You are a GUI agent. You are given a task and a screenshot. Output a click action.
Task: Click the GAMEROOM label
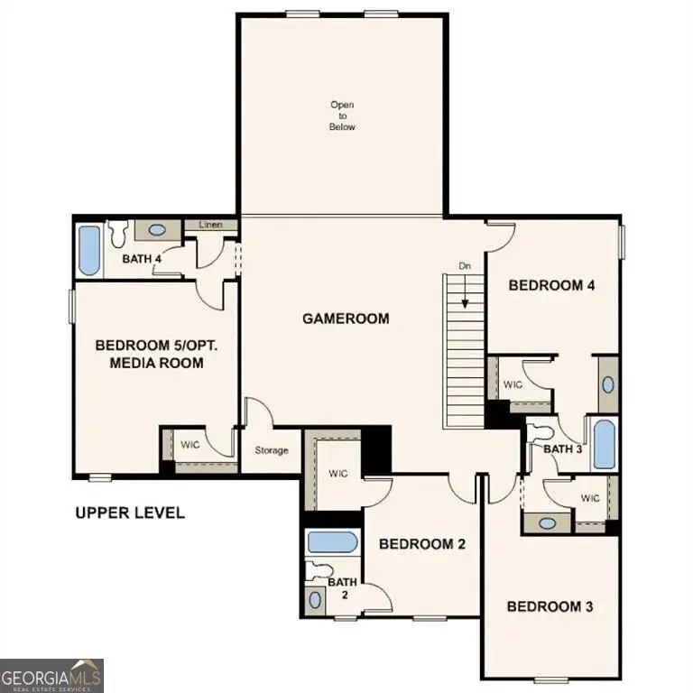click(346, 319)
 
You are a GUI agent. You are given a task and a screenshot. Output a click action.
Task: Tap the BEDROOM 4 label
click(551, 285)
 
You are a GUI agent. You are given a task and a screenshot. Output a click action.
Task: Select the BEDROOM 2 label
click(421, 544)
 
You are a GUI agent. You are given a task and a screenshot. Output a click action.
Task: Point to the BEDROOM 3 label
click(550, 606)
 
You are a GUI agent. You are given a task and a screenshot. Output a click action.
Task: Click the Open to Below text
click(342, 116)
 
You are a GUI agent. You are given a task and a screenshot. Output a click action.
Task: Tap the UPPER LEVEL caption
click(129, 513)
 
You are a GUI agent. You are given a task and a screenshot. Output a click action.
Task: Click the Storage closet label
click(271, 450)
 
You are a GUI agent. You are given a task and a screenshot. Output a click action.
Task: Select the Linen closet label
click(210, 225)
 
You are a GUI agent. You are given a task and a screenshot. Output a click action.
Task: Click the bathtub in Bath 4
click(89, 251)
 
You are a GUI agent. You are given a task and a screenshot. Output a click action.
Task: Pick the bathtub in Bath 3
click(604, 445)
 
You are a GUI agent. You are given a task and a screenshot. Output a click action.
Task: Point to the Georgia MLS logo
click(51, 675)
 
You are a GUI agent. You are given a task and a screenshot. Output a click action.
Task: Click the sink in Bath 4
click(157, 230)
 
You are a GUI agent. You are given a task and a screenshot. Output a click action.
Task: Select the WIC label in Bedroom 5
click(190, 445)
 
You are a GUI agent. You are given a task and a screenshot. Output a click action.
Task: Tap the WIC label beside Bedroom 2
click(338, 473)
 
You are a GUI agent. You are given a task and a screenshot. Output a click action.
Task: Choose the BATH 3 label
click(561, 449)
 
